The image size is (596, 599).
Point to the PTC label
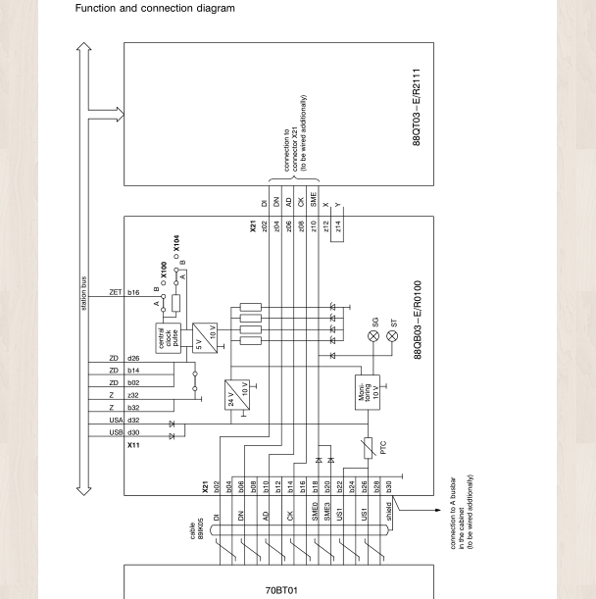point(384,447)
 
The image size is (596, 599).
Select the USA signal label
point(115,419)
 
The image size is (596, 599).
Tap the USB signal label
point(115,432)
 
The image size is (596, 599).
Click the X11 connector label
point(133,444)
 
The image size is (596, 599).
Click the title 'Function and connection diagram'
point(150,9)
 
